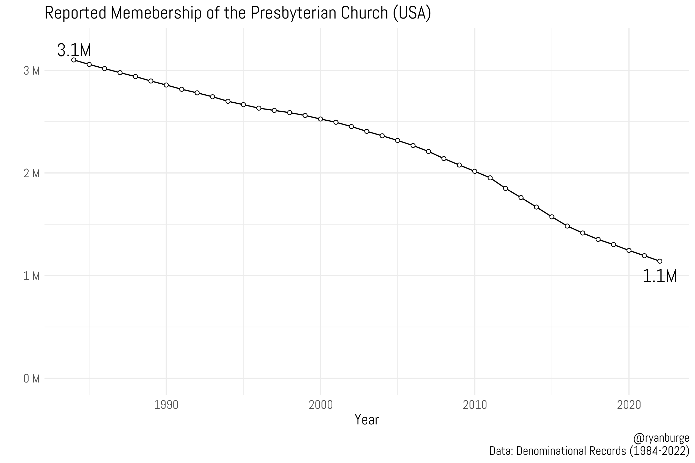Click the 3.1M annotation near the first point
(x=74, y=50)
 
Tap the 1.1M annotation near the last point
(x=659, y=277)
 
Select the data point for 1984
(x=74, y=60)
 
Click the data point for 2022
(x=659, y=261)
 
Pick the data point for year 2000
(x=320, y=119)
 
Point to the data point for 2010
(x=475, y=171)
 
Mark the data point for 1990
(x=166, y=85)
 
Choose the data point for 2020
(x=629, y=250)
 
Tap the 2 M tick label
(x=32, y=174)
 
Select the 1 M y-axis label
(x=32, y=276)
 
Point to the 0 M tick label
(x=32, y=379)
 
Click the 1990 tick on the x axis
(x=166, y=405)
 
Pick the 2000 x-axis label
(x=320, y=405)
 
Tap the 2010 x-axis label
(x=475, y=405)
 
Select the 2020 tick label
(x=629, y=405)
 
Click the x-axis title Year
(x=366, y=420)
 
